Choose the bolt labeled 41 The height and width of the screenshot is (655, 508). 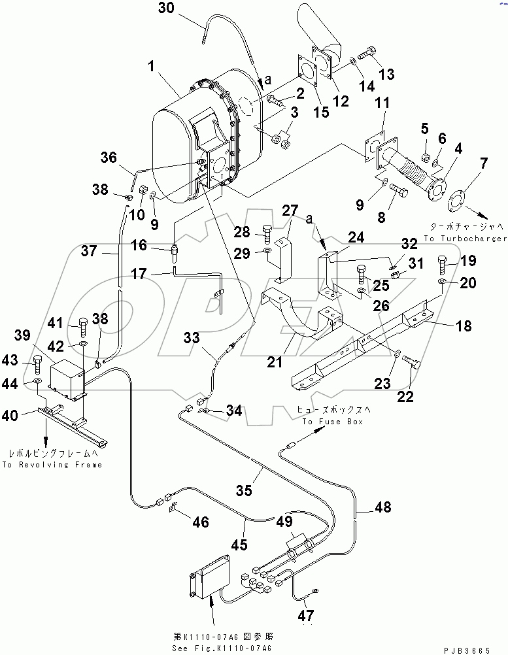click(82, 324)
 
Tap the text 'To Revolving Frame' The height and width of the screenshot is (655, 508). click(52, 465)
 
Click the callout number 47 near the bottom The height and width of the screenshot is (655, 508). click(305, 616)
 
